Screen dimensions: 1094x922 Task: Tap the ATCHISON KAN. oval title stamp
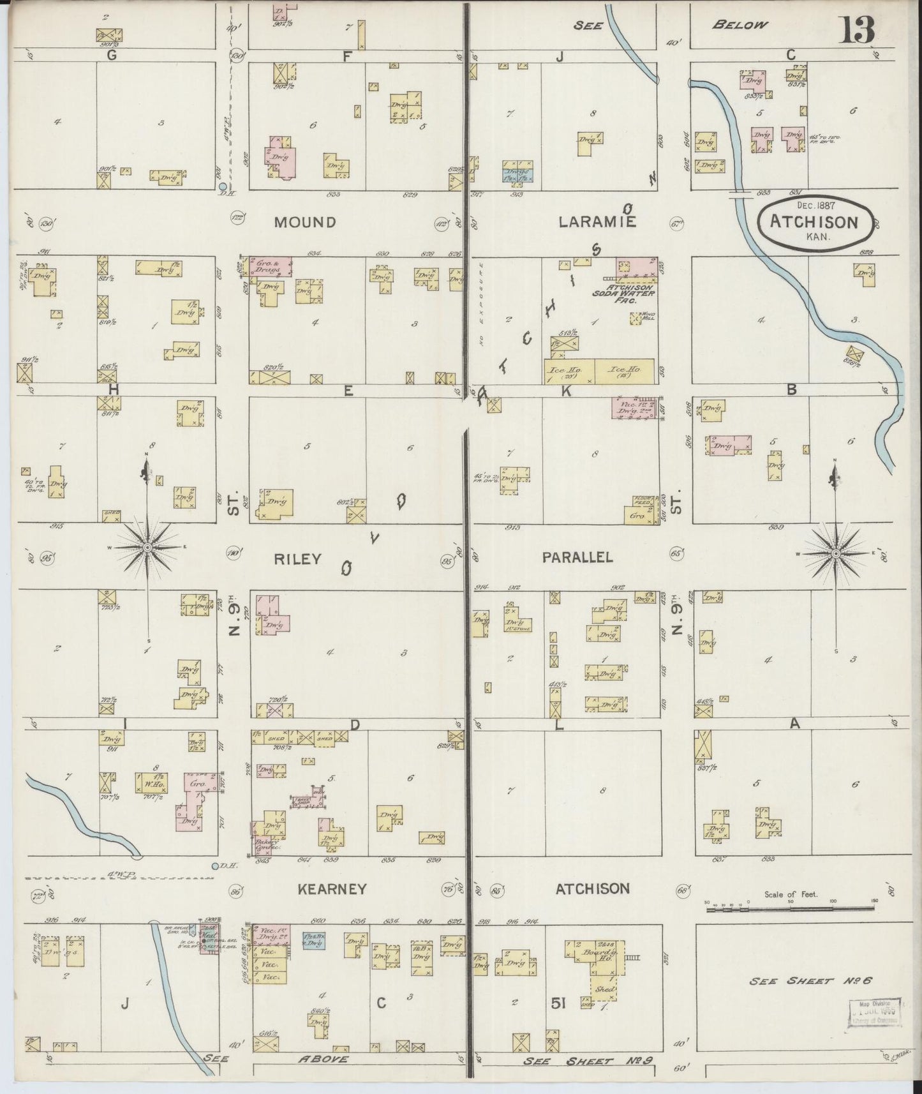pyautogui.click(x=814, y=222)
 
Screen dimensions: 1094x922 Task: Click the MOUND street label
pyautogui.click(x=305, y=222)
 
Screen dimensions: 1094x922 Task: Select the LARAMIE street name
pyautogui.click(x=597, y=222)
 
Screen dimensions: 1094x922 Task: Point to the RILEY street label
pyautogui.click(x=297, y=559)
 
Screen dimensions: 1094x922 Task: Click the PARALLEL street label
pyautogui.click(x=577, y=557)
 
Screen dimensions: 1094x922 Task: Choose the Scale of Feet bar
pyautogui.click(x=791, y=907)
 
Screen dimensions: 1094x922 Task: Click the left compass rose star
pyautogui.click(x=147, y=548)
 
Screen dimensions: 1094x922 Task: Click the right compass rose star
pyautogui.click(x=836, y=553)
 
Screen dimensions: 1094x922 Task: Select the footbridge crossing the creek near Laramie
pyautogui.click(x=740, y=193)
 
